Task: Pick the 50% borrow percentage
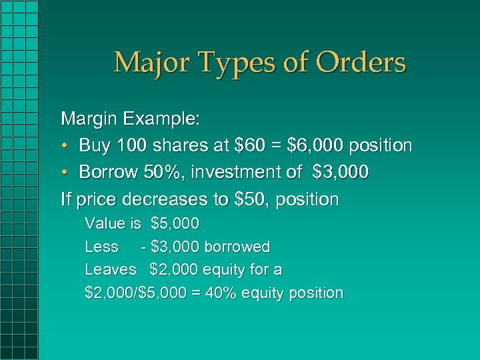[x=163, y=173]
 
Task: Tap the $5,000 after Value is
[x=175, y=224]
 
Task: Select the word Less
[x=101, y=247]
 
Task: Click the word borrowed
[x=237, y=247]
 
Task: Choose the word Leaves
[x=111, y=270]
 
